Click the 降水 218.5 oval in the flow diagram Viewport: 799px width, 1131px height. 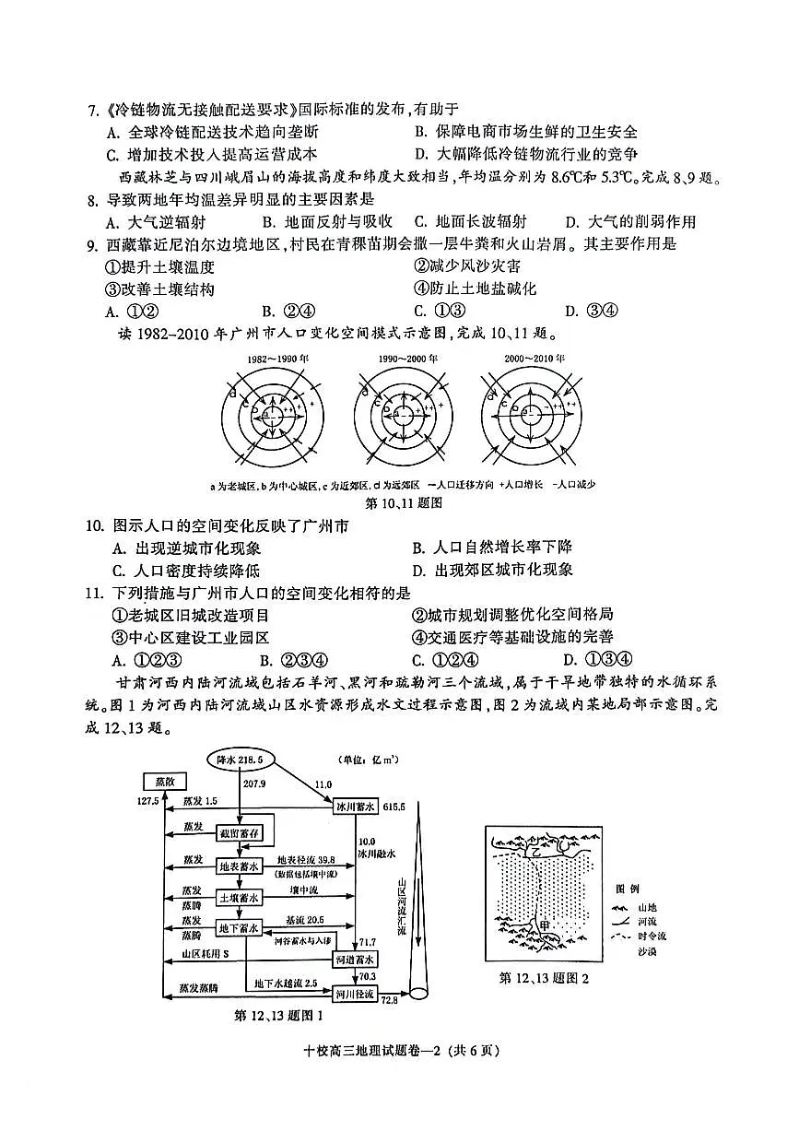pos(240,760)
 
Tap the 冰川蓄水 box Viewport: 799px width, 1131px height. pos(355,807)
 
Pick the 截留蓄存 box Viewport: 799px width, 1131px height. pos(240,833)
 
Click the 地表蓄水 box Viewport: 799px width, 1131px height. pos(240,866)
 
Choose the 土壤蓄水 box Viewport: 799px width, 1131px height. pos(240,896)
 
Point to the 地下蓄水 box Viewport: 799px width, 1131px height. pos(240,927)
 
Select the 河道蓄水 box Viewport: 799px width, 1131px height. pos(355,960)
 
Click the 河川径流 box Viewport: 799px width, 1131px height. pos(355,995)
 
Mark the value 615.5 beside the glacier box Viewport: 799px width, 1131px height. pos(394,807)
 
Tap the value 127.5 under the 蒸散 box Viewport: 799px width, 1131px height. pos(147,801)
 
